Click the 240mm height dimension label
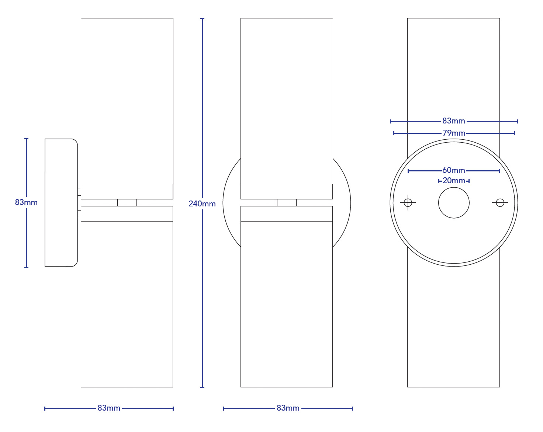tap(202, 203)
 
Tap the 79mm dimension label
tap(454, 133)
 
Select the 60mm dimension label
tap(454, 170)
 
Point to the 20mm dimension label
tap(454, 181)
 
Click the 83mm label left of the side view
tap(26, 202)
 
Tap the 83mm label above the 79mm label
tap(454, 121)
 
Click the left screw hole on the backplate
tap(408, 202)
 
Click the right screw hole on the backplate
tap(500, 202)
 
